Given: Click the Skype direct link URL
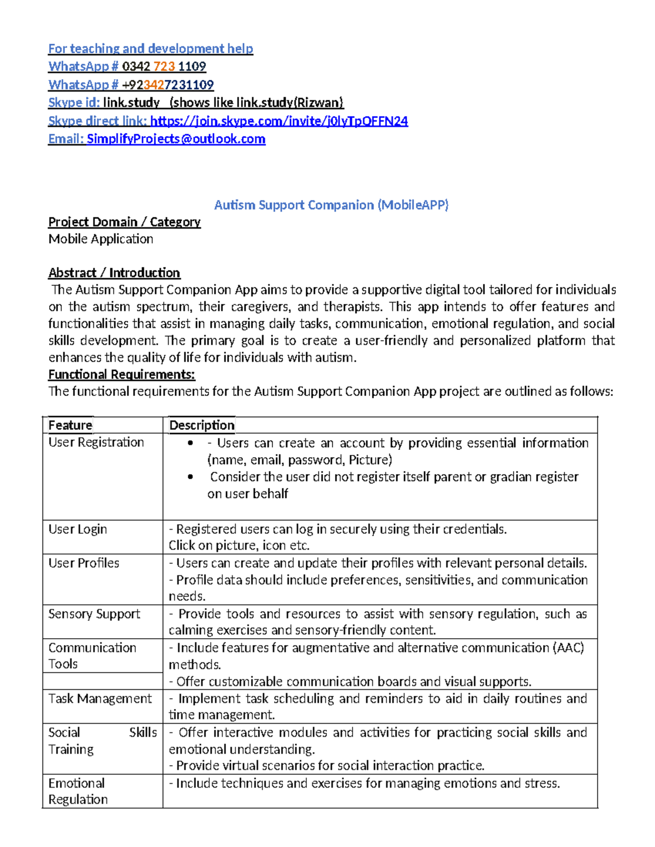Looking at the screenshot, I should tap(279, 121).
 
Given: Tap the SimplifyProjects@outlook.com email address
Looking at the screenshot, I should tap(176, 139).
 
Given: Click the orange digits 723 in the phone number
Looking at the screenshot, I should tap(164, 67).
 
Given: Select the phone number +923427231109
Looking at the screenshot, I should tap(168, 85).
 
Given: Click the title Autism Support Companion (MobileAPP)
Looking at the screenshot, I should tap(331, 205).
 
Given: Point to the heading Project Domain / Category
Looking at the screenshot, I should tap(124, 222).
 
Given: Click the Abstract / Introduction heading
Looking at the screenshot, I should tap(114, 273).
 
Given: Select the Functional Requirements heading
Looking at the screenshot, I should tap(122, 375).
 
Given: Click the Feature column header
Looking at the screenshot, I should tap(70, 425).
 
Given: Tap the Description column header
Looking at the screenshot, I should tap(202, 425).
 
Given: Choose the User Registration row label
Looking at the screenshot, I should tap(96, 442).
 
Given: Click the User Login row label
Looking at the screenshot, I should tap(78, 530).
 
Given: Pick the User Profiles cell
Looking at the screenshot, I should tap(84, 563).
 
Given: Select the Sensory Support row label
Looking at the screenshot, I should tap(94, 614).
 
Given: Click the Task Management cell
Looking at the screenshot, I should tap(100, 699).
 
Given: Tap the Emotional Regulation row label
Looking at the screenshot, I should tap(78, 791).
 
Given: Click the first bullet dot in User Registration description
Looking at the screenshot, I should tap(190, 443).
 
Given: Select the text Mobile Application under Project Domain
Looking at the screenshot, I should tap(101, 239).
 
